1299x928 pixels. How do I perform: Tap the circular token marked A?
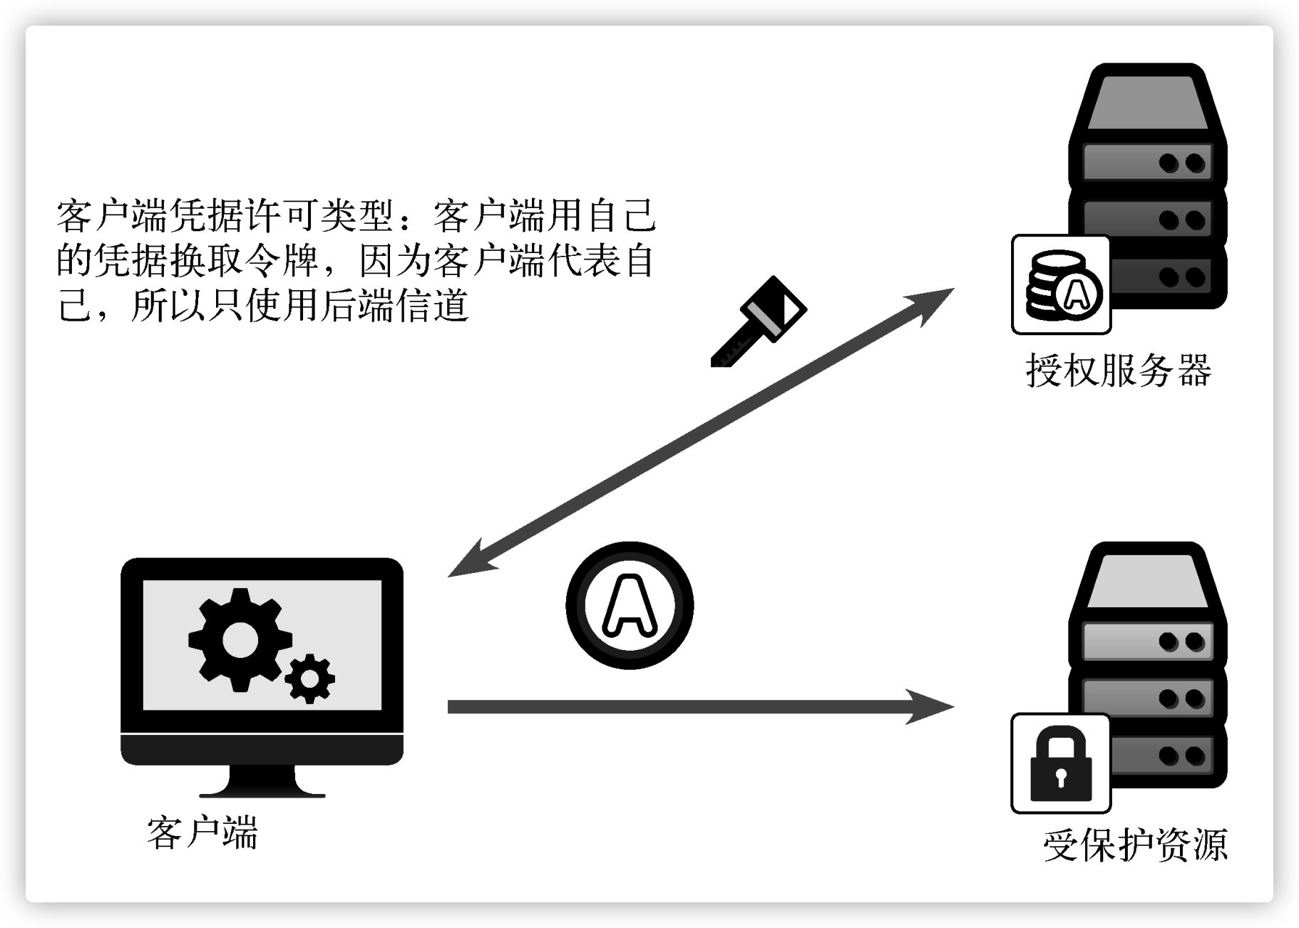pos(630,605)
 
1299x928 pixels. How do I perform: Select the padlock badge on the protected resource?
pos(1061,763)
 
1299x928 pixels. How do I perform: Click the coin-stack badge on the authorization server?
pos(1061,284)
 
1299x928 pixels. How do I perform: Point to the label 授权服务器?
pos(1119,371)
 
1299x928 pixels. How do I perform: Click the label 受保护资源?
pos(1135,845)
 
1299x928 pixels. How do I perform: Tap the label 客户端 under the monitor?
pos(202,832)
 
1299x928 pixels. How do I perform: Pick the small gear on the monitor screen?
pos(309,679)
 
